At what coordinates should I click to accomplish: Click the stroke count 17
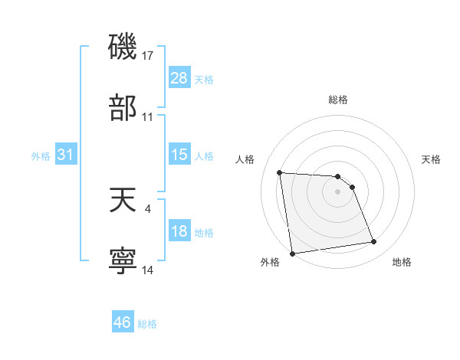pos(148,55)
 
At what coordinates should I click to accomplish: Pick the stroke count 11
pos(148,117)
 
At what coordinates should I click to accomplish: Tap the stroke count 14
pos(148,270)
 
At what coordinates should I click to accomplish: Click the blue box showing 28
pos(179,78)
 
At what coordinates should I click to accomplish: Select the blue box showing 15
pos(179,155)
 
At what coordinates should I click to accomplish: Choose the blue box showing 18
pos(179,231)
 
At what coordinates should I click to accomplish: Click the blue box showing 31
pos(66,155)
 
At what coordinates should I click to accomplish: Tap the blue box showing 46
pos(123,322)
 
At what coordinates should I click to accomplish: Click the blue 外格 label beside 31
pos(41,155)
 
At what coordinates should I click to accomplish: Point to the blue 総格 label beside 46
pos(147,323)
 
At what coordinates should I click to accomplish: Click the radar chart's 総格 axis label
pos(337,100)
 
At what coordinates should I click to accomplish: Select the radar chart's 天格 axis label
pos(432,159)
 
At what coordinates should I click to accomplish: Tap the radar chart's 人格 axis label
pos(245,159)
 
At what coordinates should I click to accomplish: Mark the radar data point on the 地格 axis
pos(373,242)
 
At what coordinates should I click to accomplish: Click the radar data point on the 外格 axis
pos(291,254)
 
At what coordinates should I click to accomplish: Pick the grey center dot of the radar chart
pos(337,191)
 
